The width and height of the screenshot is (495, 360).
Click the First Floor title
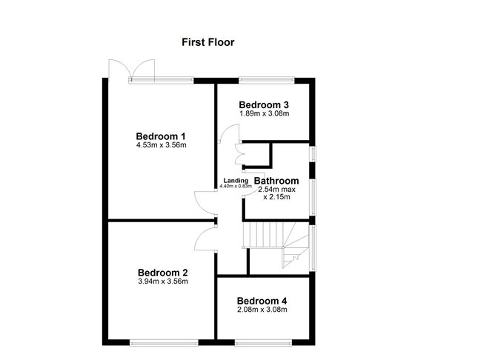[x=208, y=42]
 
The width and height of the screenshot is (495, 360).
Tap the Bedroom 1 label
[x=161, y=136]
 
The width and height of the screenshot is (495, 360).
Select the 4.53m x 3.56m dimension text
[x=162, y=145]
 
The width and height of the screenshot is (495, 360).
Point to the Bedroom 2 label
[x=163, y=273]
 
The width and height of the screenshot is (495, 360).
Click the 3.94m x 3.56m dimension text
[x=163, y=281]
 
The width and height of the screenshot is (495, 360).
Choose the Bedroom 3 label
[x=264, y=104]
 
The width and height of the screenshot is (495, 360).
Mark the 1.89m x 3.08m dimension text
[x=265, y=113]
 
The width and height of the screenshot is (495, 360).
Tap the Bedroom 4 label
[x=262, y=301]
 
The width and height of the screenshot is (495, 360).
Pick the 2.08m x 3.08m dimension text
[x=262, y=310]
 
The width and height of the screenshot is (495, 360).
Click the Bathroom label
[x=276, y=181]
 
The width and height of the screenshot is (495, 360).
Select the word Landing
[x=236, y=181]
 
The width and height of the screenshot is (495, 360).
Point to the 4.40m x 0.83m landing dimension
[x=236, y=186]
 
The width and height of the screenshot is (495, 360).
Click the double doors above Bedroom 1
[x=132, y=69]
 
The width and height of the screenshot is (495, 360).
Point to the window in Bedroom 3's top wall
[x=267, y=81]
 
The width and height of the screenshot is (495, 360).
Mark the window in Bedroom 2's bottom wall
[x=165, y=343]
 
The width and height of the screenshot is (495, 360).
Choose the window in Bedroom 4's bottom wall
[x=263, y=343]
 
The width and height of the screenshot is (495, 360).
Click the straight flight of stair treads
[x=262, y=235]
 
